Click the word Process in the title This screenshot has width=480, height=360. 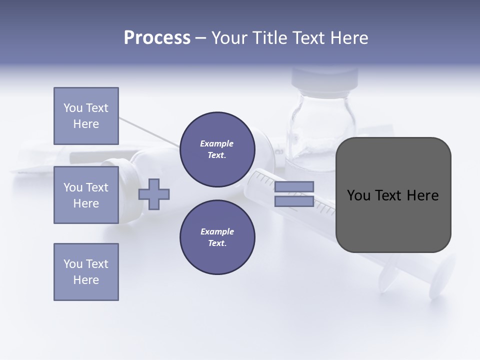pyautogui.click(x=157, y=38)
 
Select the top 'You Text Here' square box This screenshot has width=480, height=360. pyautogui.click(x=86, y=116)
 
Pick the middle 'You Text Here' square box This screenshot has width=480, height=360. pyautogui.click(x=86, y=195)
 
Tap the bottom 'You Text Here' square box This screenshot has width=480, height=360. pyautogui.click(x=86, y=272)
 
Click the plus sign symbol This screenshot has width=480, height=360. pyautogui.click(x=154, y=194)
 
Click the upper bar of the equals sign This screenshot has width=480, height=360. pyautogui.click(x=294, y=186)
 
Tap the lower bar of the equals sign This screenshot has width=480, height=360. pyautogui.click(x=294, y=201)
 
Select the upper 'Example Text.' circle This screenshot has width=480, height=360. pyautogui.click(x=217, y=149)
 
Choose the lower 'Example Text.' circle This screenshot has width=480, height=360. pyautogui.click(x=217, y=237)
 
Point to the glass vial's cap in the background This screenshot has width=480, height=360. pyautogui.click(x=325, y=77)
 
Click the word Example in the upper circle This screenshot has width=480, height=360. pyautogui.click(x=216, y=143)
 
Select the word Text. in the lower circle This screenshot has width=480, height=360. pyautogui.click(x=217, y=243)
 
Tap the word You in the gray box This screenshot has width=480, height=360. pyautogui.click(x=359, y=195)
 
